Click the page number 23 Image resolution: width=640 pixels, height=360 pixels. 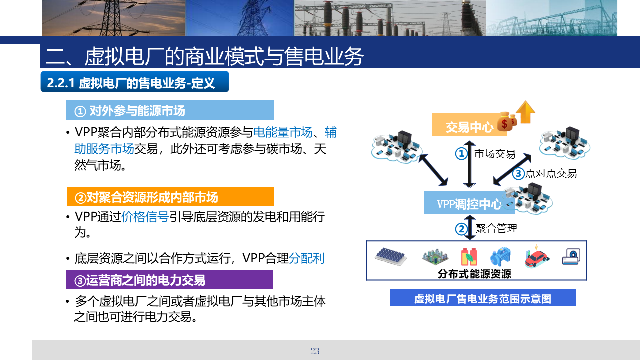[315, 351]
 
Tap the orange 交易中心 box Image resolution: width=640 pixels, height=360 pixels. [469, 125]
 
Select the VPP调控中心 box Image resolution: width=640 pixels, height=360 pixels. [469, 202]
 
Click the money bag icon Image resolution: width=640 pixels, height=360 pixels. [507, 122]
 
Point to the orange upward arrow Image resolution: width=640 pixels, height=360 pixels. [525, 112]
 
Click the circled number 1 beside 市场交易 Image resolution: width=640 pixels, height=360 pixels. [461, 154]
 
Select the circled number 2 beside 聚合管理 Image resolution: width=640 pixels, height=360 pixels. [461, 229]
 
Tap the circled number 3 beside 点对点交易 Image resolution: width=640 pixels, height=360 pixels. [518, 173]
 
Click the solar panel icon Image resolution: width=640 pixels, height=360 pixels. [391, 256]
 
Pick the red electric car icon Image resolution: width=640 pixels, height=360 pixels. [537, 257]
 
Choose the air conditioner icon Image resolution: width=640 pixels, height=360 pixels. [571, 257]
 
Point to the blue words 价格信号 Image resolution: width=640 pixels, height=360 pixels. [145, 217]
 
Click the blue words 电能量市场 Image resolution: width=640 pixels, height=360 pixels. [283, 132]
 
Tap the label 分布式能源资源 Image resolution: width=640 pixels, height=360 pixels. [474, 274]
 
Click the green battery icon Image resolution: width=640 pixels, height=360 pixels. [469, 257]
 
